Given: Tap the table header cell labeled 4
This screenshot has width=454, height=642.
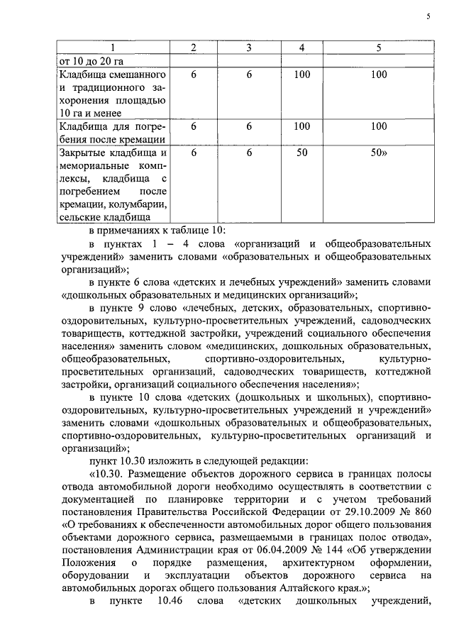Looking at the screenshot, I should (x=302, y=48).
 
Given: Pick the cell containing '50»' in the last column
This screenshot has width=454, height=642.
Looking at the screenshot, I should (x=380, y=153).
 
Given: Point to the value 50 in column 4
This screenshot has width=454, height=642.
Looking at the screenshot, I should (x=302, y=153).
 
